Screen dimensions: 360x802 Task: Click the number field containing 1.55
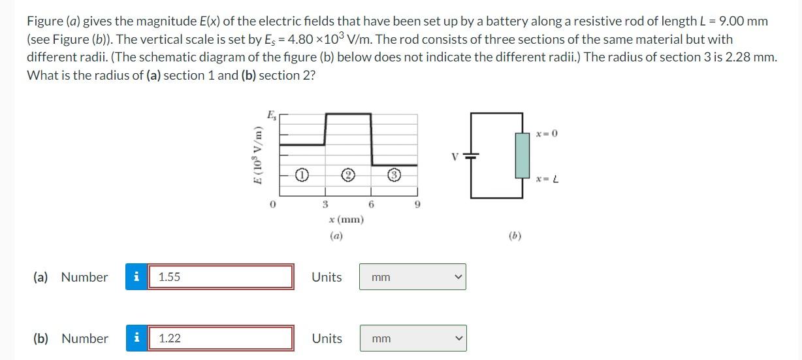(x=220, y=276)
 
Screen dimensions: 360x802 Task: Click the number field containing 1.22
(x=220, y=338)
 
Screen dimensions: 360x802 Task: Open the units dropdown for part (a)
(x=412, y=277)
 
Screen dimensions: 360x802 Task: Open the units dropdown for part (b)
(x=412, y=338)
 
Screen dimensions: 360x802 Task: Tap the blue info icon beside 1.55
(x=136, y=276)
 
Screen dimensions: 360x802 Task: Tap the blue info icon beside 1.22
(x=136, y=338)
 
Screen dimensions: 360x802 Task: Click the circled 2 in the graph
(x=349, y=175)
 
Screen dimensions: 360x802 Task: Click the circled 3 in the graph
(x=394, y=175)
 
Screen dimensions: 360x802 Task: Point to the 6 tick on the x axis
(x=371, y=205)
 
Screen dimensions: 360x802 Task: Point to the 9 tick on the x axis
(x=417, y=205)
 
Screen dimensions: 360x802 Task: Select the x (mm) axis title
(x=347, y=220)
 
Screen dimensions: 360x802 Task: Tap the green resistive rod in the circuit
(x=522, y=155)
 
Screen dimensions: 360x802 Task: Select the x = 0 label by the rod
(x=546, y=134)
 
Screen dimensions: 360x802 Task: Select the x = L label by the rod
(x=546, y=178)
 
